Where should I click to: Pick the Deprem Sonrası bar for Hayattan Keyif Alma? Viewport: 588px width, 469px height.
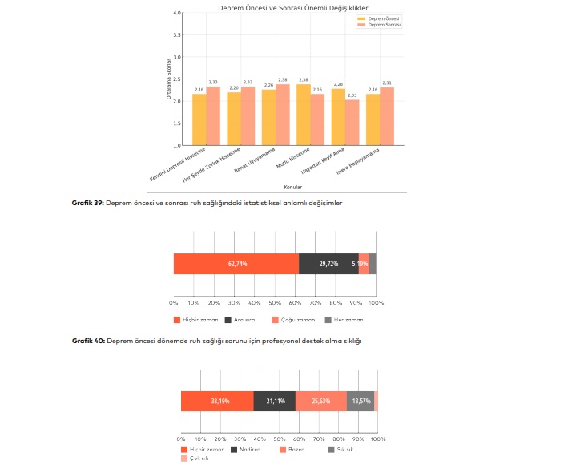click(x=352, y=123)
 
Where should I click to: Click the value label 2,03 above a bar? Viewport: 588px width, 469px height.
click(x=352, y=95)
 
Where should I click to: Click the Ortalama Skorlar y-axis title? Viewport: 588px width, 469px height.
click(x=170, y=79)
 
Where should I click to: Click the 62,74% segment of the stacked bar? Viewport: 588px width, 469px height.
click(x=236, y=264)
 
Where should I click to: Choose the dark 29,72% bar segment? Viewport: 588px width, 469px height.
click(x=328, y=264)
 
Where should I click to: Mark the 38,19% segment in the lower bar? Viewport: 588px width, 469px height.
click(x=218, y=401)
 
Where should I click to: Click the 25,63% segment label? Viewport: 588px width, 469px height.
click(x=320, y=401)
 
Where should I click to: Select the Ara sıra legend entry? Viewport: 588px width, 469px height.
click(x=242, y=320)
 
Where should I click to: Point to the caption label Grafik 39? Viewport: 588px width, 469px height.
click(x=87, y=204)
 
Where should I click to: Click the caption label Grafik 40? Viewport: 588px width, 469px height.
click(x=87, y=341)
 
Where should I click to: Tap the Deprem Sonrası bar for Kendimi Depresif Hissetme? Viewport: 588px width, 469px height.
click(x=213, y=116)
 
